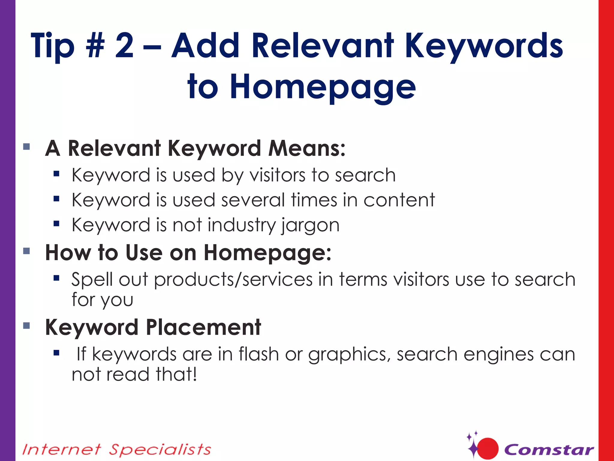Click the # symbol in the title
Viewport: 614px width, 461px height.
click(95, 46)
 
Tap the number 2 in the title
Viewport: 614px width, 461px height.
click(124, 46)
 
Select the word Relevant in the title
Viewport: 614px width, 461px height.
click(323, 46)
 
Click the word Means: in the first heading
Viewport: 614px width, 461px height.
click(307, 148)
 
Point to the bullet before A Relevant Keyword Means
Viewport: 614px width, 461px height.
click(26, 146)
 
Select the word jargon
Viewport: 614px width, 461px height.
click(310, 225)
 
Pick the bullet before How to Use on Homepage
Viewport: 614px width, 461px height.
click(26, 251)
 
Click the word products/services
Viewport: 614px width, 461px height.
click(233, 280)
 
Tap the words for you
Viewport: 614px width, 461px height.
click(102, 300)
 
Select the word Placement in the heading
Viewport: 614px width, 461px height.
click(204, 327)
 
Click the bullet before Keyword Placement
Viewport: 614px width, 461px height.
click(26, 325)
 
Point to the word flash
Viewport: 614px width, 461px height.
click(259, 354)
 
